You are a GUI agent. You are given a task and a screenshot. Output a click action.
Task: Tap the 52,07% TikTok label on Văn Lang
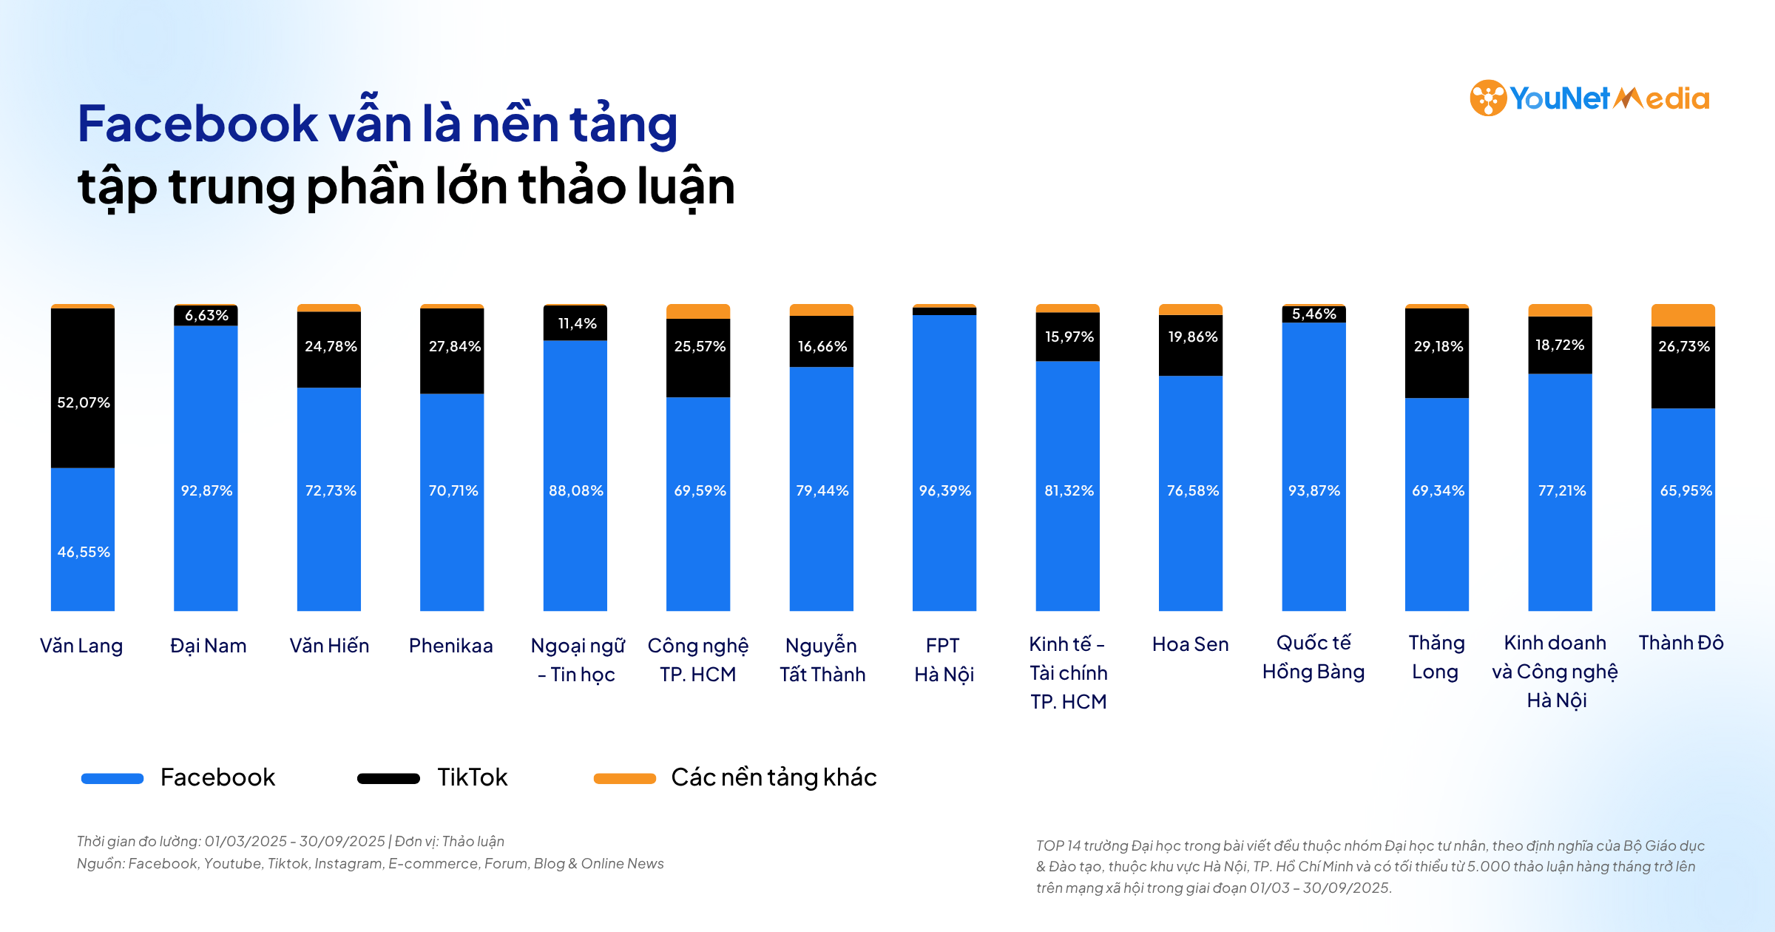click(x=84, y=402)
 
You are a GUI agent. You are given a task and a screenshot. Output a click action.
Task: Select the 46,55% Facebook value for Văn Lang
click(x=84, y=552)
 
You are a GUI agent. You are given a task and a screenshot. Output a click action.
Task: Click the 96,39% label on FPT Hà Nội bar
click(x=944, y=490)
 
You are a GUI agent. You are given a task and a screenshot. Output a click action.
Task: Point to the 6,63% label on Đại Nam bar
click(x=206, y=315)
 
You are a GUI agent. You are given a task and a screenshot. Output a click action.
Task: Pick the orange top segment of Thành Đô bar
click(x=1683, y=315)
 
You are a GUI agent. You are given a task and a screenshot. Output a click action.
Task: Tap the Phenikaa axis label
click(x=450, y=646)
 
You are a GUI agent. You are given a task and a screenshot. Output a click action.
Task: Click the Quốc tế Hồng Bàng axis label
click(x=1313, y=657)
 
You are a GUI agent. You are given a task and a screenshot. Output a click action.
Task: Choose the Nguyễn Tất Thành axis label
click(x=822, y=660)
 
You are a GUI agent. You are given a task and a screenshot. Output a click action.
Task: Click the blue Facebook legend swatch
click(x=112, y=778)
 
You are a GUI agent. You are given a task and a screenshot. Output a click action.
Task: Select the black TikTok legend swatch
click(x=388, y=778)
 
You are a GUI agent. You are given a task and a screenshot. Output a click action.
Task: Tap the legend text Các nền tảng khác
click(x=774, y=777)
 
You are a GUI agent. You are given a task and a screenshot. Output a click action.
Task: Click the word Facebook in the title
click(x=197, y=124)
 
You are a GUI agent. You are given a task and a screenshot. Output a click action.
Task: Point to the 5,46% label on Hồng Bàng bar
click(x=1313, y=314)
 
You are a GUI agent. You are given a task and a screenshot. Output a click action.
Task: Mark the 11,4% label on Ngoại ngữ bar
click(x=576, y=323)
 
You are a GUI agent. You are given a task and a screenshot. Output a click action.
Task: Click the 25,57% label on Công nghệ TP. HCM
click(x=699, y=346)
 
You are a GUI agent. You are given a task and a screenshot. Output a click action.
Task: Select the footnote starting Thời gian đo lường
click(x=290, y=841)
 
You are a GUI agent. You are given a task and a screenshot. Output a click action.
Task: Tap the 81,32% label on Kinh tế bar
click(x=1068, y=490)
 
